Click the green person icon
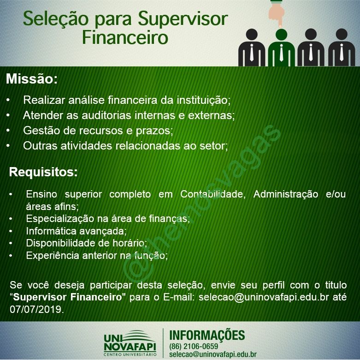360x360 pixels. click(281, 48)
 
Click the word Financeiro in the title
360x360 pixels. click(125, 37)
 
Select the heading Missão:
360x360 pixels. click(32, 79)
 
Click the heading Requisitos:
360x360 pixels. click(43, 172)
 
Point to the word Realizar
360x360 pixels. click(44, 100)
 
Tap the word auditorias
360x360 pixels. click(106, 115)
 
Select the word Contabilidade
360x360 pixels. click(213, 194)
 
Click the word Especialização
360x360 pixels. click(60, 219)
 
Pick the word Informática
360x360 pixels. click(51, 231)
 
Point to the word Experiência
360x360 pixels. click(53, 255)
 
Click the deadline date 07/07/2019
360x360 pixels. click(37, 309)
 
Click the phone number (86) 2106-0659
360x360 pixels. click(193, 346)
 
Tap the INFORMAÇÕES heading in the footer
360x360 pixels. click(207, 336)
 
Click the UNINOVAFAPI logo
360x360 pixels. click(130, 343)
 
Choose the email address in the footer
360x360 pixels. click(213, 354)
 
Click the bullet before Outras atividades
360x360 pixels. click(8, 146)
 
